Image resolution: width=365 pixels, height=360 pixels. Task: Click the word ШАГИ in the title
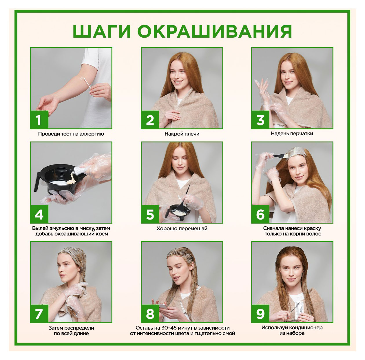[x=102, y=31]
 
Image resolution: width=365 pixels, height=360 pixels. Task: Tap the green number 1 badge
[x=39, y=120]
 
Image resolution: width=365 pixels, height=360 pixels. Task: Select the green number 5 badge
[x=150, y=214]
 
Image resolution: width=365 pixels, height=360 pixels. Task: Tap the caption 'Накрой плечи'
[x=182, y=134]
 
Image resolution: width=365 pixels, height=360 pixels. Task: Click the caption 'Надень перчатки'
[x=292, y=134]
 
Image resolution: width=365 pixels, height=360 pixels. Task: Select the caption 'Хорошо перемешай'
[x=182, y=229]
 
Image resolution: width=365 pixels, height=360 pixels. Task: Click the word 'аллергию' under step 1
[x=92, y=134]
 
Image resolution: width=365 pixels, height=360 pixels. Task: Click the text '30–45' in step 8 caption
[x=169, y=328]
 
